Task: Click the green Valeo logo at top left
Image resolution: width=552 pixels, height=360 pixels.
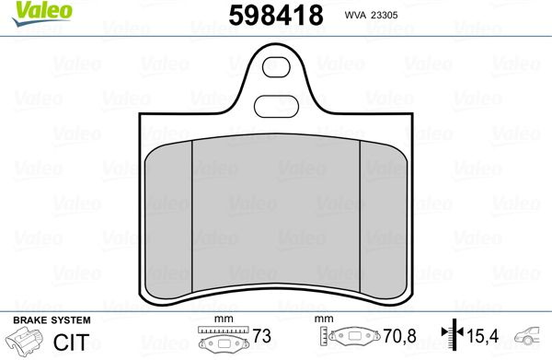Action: [42, 13]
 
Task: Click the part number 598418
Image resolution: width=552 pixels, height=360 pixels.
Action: [276, 16]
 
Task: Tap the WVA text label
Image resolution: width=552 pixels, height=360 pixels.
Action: [355, 15]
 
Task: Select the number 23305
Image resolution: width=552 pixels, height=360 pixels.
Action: [384, 15]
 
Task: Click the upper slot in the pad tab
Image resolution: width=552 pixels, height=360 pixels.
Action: [276, 67]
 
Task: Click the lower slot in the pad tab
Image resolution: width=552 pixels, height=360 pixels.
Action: [276, 106]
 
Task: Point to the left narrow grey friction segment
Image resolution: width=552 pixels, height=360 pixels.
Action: [168, 220]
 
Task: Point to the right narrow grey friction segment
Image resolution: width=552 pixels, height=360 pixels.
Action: [384, 220]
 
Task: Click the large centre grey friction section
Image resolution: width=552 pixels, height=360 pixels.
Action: [276, 213]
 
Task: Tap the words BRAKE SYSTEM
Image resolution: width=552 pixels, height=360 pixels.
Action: [52, 320]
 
